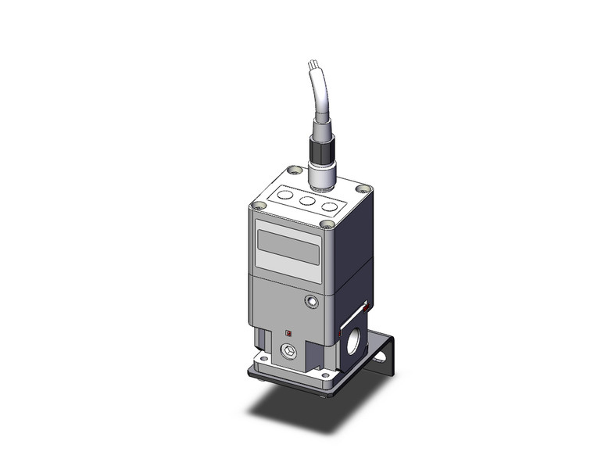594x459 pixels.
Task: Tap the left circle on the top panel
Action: tap(284, 191)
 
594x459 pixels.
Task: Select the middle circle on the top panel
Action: tap(307, 199)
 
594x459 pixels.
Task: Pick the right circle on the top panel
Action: tap(331, 208)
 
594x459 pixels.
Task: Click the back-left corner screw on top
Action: tap(293, 170)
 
